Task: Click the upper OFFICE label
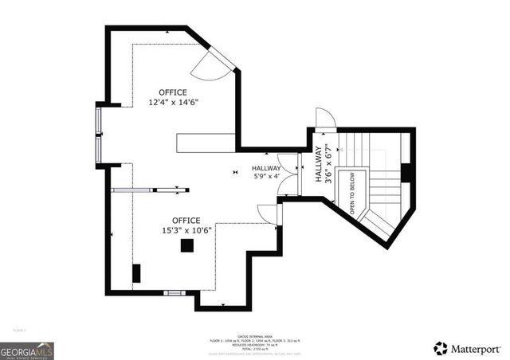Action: (x=172, y=92)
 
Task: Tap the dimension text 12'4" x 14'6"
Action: (x=172, y=103)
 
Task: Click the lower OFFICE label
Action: (x=186, y=221)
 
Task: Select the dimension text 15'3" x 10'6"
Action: (x=186, y=231)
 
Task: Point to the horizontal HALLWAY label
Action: (x=266, y=169)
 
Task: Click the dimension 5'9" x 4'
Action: (x=266, y=178)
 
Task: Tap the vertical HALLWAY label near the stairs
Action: (x=318, y=165)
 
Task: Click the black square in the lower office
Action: (x=186, y=246)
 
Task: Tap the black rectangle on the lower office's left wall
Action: (x=136, y=273)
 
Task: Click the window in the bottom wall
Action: (x=173, y=293)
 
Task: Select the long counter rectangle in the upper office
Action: (x=206, y=142)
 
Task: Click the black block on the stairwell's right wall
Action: (x=406, y=173)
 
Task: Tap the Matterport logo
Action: (x=468, y=348)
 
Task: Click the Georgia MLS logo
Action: (x=27, y=349)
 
